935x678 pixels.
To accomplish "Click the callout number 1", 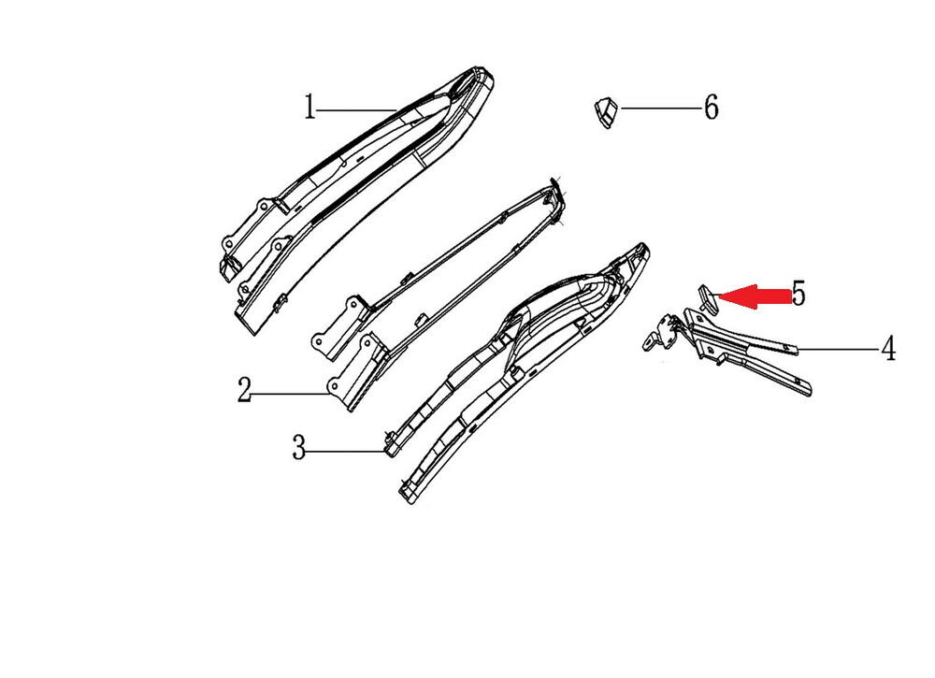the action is (309, 108).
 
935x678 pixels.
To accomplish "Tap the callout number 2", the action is (244, 390).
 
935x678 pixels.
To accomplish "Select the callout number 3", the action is (299, 447).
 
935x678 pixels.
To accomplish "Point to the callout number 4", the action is (888, 348).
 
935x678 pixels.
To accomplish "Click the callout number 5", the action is (798, 293).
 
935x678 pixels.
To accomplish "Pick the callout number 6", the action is (711, 108).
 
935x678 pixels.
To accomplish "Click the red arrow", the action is (755, 296).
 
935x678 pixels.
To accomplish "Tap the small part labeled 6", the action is (606, 111).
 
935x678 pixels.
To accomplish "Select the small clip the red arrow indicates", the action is (708, 298).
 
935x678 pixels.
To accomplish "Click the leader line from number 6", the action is (660, 108).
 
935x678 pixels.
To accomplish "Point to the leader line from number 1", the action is (356, 109).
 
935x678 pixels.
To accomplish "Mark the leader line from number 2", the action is (291, 394).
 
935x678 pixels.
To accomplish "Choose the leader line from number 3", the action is (347, 452).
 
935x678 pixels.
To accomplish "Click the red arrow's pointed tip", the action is (718, 296).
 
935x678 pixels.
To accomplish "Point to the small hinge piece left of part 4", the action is (661, 334).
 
